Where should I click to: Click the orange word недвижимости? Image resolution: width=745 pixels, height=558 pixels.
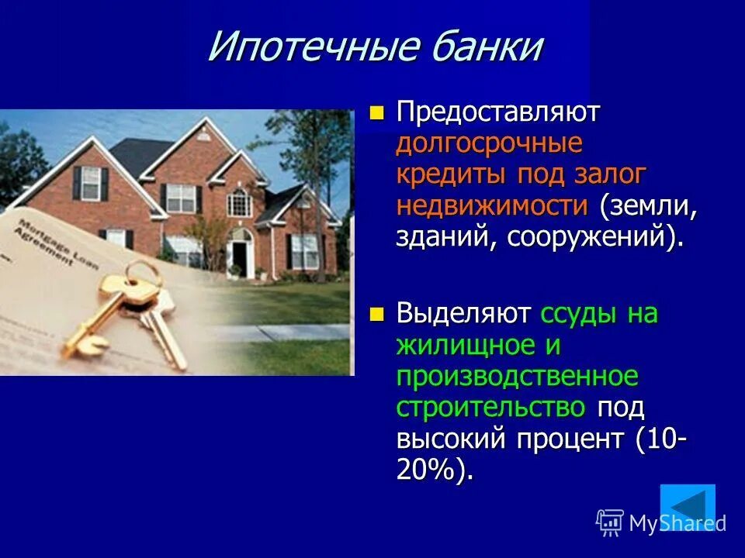[x=492, y=205]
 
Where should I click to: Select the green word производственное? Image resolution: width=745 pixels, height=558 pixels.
[x=517, y=376]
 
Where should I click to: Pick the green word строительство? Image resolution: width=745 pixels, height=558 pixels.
[x=490, y=407]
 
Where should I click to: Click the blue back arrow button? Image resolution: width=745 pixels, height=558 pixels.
[x=687, y=506]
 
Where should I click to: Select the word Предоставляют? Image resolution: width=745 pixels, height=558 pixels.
[x=498, y=112]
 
